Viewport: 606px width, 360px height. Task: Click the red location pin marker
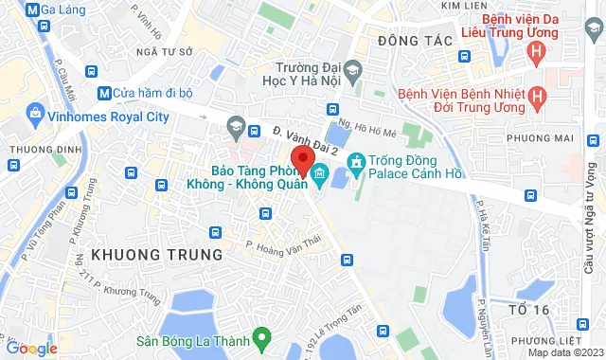(x=302, y=159)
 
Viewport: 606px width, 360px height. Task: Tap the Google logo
(x=31, y=348)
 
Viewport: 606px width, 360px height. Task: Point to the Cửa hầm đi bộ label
(x=151, y=92)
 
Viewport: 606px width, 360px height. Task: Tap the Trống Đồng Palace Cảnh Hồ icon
(x=355, y=162)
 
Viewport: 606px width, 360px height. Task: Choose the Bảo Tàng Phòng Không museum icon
(x=318, y=173)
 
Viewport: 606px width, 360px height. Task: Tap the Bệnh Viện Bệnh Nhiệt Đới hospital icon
(x=537, y=96)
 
